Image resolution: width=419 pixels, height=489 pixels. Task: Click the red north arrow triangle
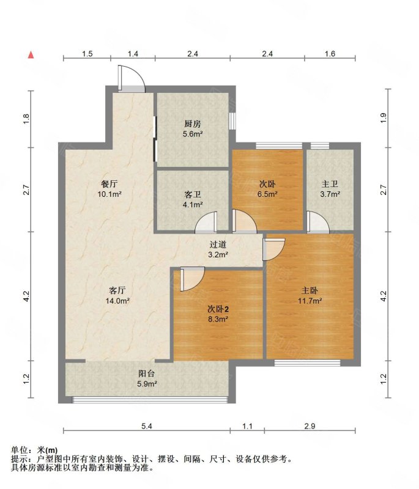coord(31,55)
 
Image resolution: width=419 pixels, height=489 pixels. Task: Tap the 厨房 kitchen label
coord(193,124)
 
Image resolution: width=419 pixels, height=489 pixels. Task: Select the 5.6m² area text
coord(193,134)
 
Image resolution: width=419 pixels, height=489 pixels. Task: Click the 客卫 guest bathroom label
coord(193,194)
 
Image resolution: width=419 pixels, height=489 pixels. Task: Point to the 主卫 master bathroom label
coord(330,185)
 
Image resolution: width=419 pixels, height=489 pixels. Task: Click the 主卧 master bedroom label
coord(310,291)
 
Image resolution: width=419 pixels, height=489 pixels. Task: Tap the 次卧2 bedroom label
coord(218,309)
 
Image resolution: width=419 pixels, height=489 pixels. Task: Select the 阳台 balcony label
coord(147,373)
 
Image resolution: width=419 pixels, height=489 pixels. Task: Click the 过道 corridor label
coord(218,244)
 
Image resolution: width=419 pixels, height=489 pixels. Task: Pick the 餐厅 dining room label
coord(109,184)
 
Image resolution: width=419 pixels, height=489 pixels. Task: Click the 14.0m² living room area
coord(117,301)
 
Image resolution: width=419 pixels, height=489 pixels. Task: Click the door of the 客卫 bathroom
coord(207,222)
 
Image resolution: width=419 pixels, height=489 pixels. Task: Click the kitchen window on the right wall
coord(232,121)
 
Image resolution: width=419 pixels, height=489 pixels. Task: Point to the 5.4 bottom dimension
coord(147,425)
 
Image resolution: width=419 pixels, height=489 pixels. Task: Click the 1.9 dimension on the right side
coord(384,117)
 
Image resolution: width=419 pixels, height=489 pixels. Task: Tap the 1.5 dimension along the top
coord(87,54)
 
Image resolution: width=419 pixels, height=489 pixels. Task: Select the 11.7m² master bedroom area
coord(310,301)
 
